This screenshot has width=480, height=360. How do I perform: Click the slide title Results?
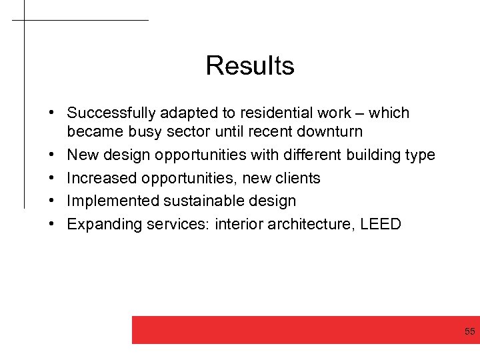pyautogui.click(x=250, y=65)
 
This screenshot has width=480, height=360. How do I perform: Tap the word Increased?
pyautogui.click(x=101, y=178)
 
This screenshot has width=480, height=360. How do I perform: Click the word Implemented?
pyautogui.click(x=109, y=201)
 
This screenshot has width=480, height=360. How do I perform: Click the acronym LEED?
pyautogui.click(x=381, y=224)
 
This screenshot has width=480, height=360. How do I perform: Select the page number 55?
pyautogui.click(x=470, y=332)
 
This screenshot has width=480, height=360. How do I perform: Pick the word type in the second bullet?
pyautogui.click(x=419, y=156)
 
